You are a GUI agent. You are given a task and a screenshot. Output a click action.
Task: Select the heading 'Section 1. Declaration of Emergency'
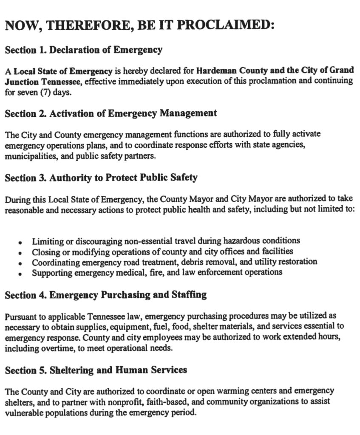tap(83, 50)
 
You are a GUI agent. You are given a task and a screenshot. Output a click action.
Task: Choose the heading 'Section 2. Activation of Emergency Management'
tap(111, 113)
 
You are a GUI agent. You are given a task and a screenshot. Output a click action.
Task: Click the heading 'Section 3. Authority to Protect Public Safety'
tap(101, 178)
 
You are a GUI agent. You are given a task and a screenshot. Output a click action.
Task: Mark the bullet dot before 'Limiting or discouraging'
tap(20, 242)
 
